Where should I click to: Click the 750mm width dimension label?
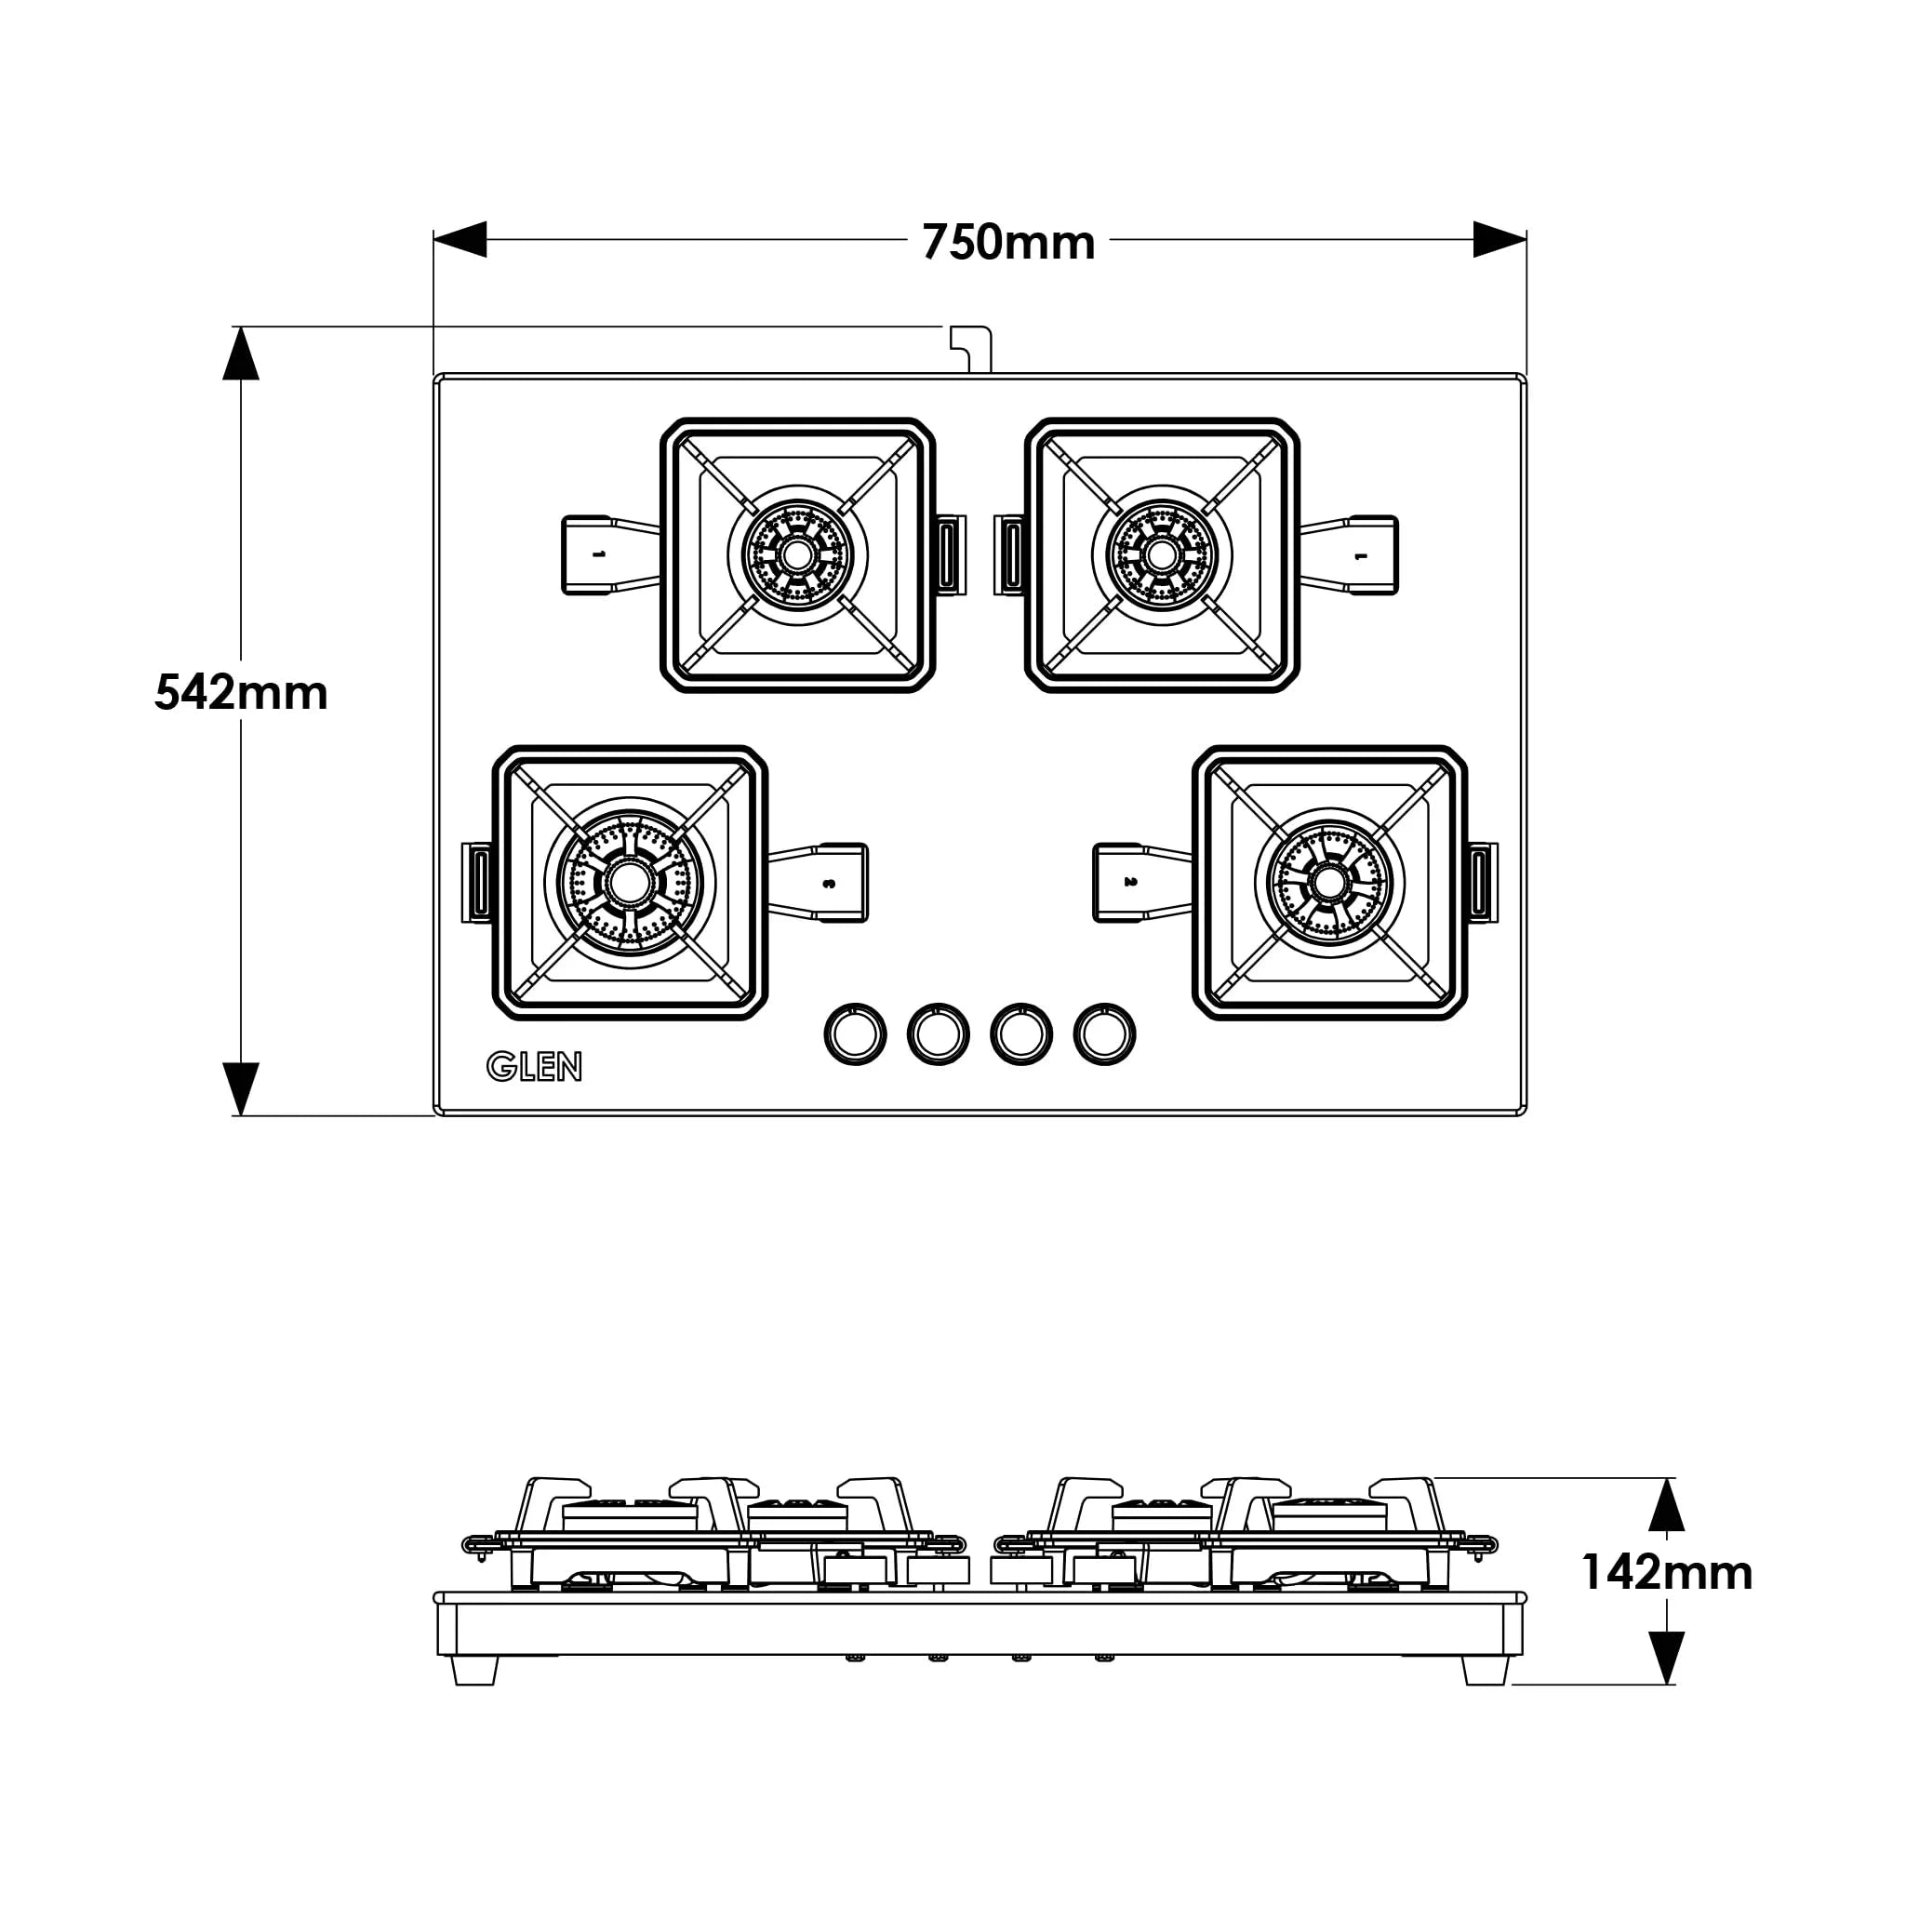[x=1007, y=242]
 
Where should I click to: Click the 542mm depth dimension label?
[x=241, y=693]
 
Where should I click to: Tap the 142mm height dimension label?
[x=1666, y=1573]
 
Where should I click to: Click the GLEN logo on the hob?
[x=534, y=1066]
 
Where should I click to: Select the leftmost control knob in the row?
[x=854, y=1033]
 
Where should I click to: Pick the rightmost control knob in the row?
[x=1104, y=1033]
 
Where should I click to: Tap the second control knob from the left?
[x=938, y=1033]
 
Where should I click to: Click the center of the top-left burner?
[x=797, y=555]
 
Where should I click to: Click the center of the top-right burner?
[x=1161, y=555]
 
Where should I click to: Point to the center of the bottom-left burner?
[x=630, y=883]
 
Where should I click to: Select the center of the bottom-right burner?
[x=1329, y=883]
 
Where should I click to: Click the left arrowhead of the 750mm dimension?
[x=460, y=239]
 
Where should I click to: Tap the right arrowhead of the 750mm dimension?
[x=1499, y=239]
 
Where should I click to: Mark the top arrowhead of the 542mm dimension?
[x=241, y=353]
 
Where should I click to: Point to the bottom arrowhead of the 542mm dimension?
[x=241, y=1088]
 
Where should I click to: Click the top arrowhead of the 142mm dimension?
[x=1666, y=1504]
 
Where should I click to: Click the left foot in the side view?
[x=474, y=1672]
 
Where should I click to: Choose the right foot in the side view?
[x=1485, y=1672]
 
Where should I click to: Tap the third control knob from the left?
[x=1021, y=1033]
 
